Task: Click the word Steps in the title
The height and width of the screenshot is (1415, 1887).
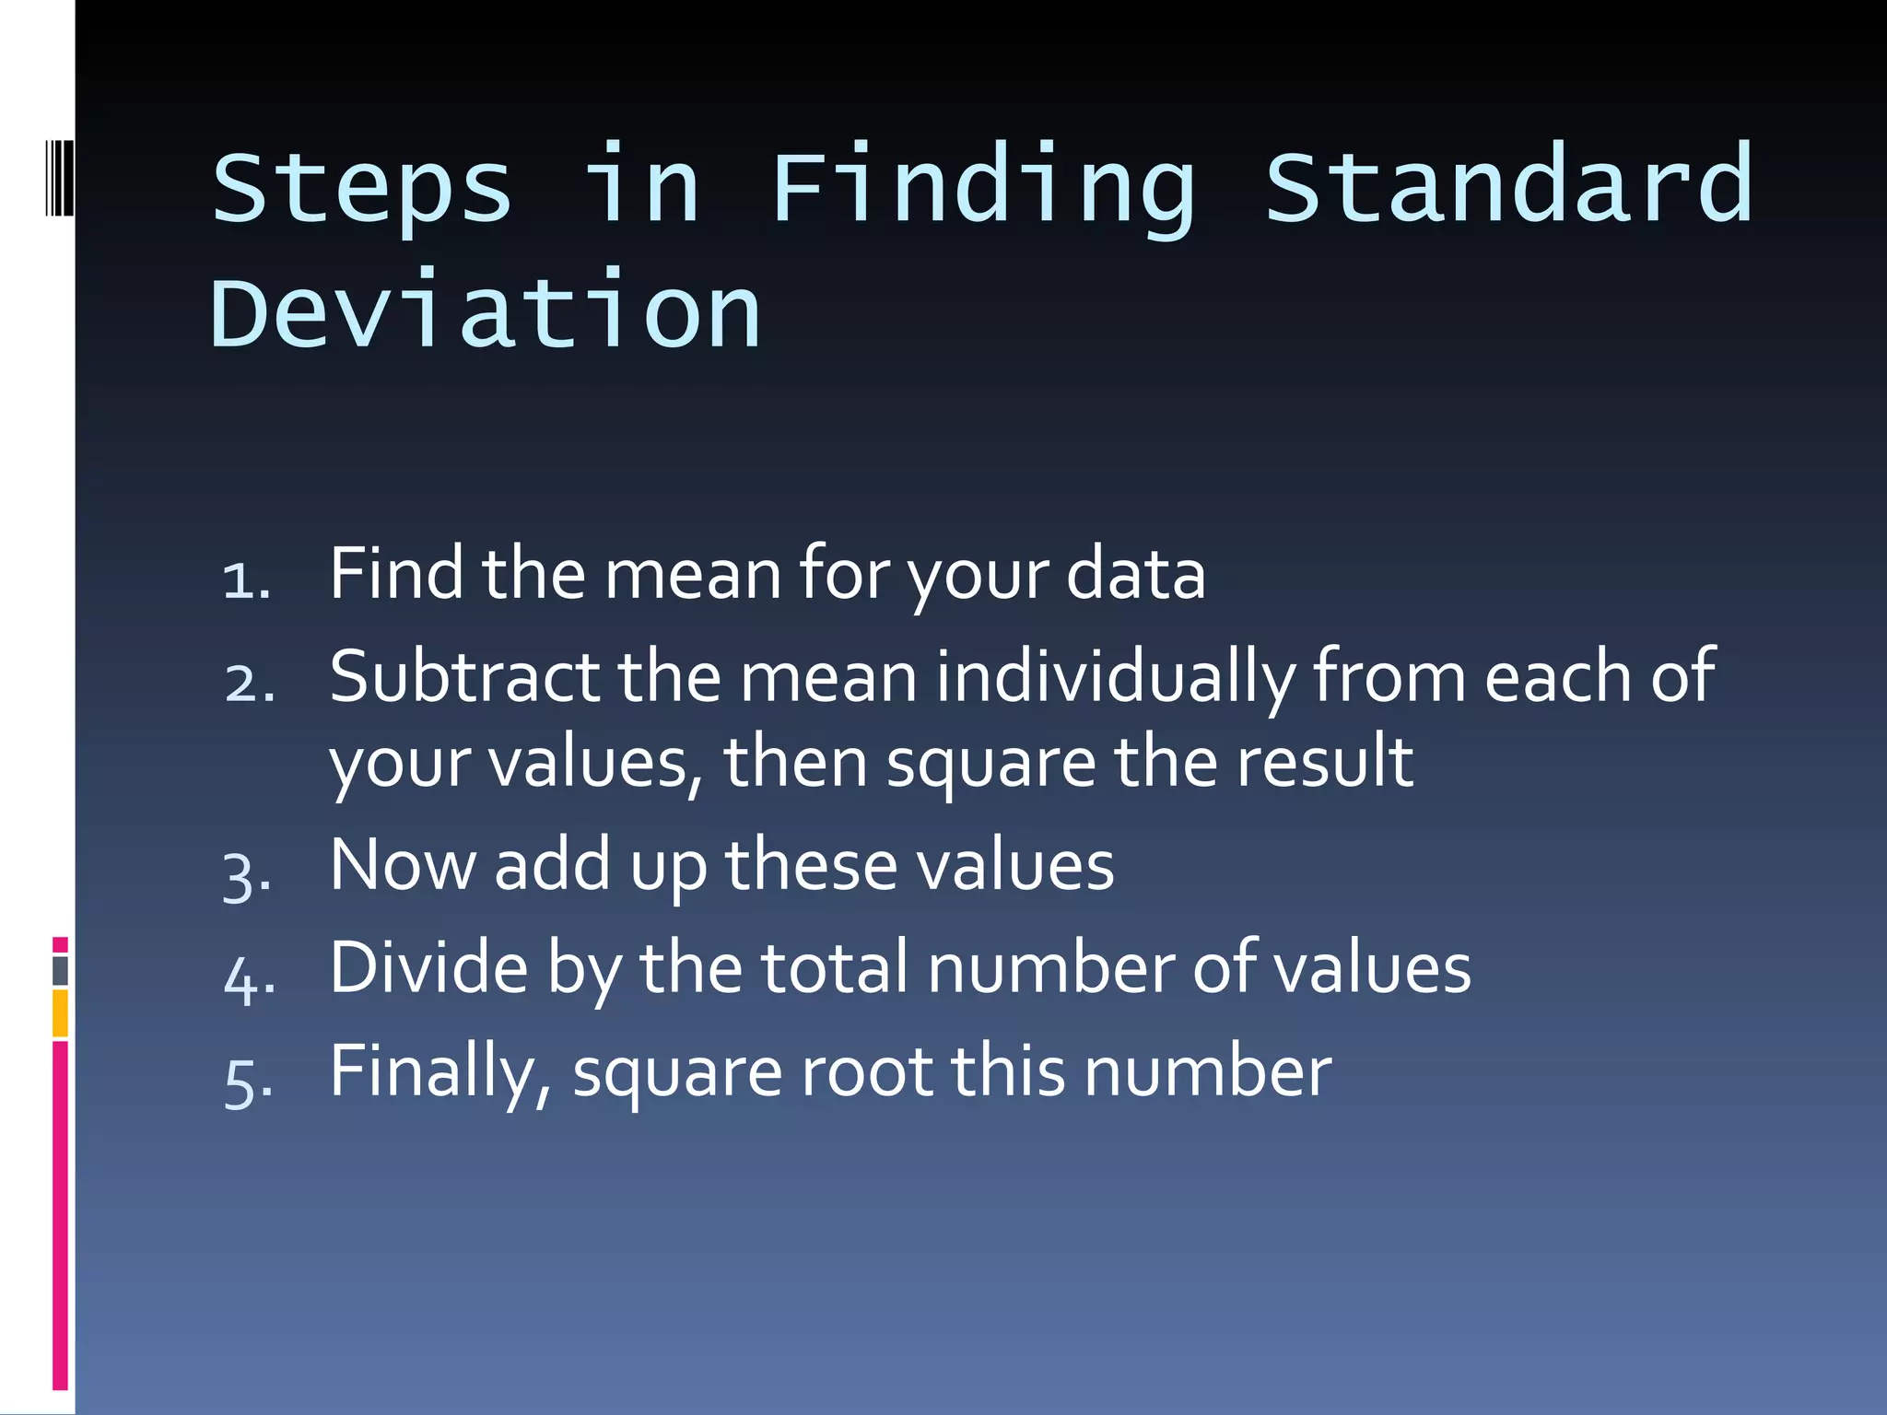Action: [361, 189]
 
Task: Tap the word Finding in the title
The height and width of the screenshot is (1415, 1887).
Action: [982, 189]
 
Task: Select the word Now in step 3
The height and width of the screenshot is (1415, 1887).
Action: [403, 865]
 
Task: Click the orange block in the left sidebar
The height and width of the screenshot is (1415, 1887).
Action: [60, 1012]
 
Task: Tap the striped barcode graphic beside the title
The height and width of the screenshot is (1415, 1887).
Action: [59, 177]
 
